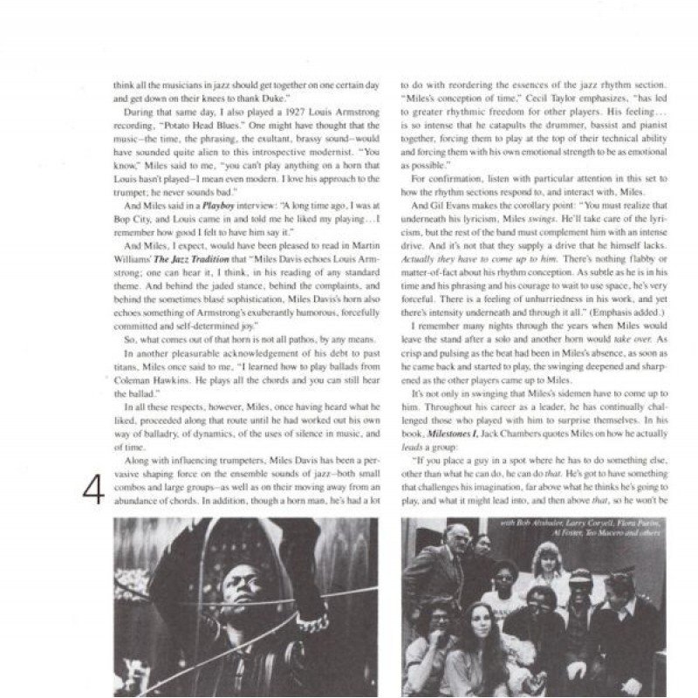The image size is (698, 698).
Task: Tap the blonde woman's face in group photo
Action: (x=541, y=558)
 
